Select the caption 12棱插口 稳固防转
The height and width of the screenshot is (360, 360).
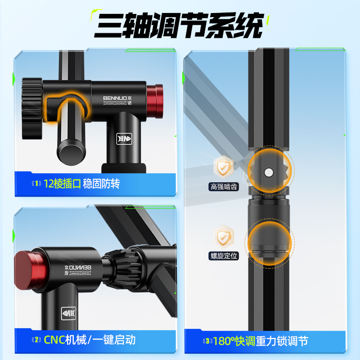(81, 184)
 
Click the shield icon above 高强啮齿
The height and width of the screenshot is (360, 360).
(223, 167)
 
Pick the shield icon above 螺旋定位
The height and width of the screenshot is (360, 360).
(223, 236)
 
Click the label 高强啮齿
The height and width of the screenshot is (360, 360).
(223, 187)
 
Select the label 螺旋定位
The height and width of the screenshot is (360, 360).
(223, 256)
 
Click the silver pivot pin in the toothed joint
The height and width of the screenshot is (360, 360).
(269, 172)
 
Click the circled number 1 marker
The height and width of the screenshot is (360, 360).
(36, 184)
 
